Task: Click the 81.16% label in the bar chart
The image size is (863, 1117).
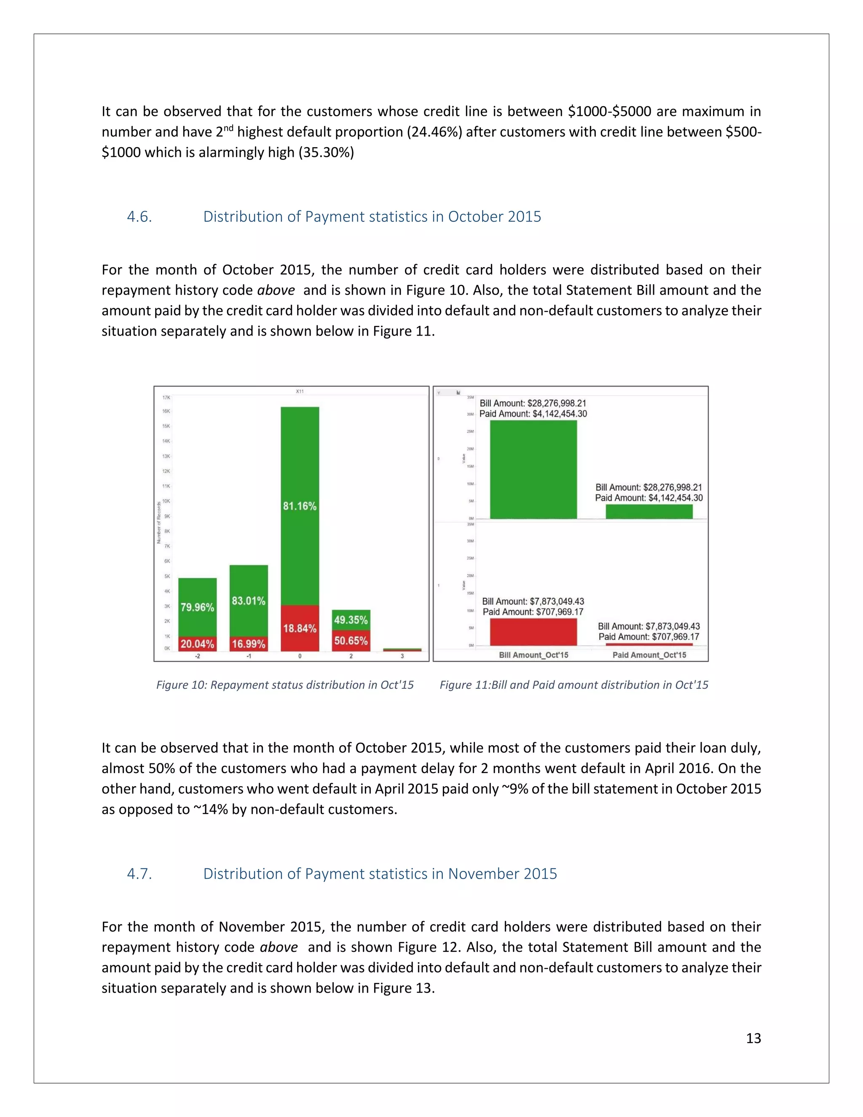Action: (x=300, y=506)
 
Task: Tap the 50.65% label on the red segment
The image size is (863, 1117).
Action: (x=351, y=640)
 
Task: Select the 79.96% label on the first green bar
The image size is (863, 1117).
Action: (x=197, y=607)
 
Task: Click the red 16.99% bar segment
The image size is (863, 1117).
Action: (x=249, y=643)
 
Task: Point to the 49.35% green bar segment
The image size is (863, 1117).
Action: (x=351, y=619)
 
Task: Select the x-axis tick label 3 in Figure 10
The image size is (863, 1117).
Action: (x=402, y=656)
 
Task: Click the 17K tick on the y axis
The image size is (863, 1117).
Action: (x=166, y=397)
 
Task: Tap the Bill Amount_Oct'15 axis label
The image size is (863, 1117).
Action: (x=533, y=655)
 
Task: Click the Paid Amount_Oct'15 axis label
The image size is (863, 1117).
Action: (x=649, y=655)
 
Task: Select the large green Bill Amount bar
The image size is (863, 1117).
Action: (x=533, y=469)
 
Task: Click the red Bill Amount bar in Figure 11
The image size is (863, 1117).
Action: (x=533, y=632)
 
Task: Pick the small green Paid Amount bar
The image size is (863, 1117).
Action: (x=649, y=511)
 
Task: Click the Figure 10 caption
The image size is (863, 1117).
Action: (x=285, y=685)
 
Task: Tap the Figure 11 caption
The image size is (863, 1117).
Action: (x=574, y=685)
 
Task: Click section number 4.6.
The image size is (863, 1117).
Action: (x=139, y=216)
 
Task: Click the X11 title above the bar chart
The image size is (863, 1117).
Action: (x=300, y=391)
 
